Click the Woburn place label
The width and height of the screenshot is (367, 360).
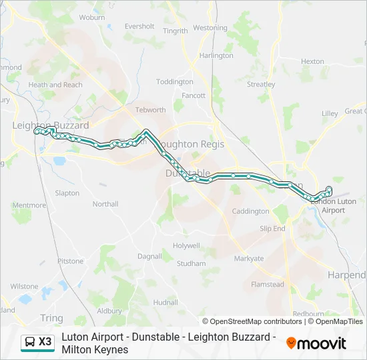pyautogui.click(x=92, y=17)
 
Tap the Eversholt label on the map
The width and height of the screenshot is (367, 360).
pyautogui.click(x=139, y=27)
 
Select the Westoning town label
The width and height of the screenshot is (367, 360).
pyautogui.click(x=210, y=28)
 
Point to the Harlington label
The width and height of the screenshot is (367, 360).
pyautogui.click(x=216, y=55)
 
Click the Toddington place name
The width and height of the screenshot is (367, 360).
pyautogui.click(x=175, y=81)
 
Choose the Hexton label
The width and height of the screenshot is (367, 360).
pyautogui.click(x=312, y=61)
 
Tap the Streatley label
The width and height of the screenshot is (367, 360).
pyautogui.click(x=261, y=85)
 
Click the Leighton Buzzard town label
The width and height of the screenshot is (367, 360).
pyautogui.click(x=51, y=125)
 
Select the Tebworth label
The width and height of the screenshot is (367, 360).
pyautogui.click(x=150, y=110)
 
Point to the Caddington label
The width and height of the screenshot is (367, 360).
pyautogui.click(x=250, y=211)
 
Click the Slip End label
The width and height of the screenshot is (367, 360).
pyautogui.click(x=272, y=228)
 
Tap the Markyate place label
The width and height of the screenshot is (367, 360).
pyautogui.click(x=248, y=258)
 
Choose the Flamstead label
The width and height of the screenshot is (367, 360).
pyautogui.click(x=267, y=285)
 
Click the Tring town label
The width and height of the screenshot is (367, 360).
pyautogui.click(x=51, y=318)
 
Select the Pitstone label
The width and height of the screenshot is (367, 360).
pyautogui.click(x=70, y=261)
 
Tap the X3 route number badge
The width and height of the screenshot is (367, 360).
pyautogui.click(x=45, y=342)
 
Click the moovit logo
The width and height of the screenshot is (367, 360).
pyautogui.click(x=316, y=343)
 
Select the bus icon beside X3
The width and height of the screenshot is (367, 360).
pyautogui.click(x=29, y=343)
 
